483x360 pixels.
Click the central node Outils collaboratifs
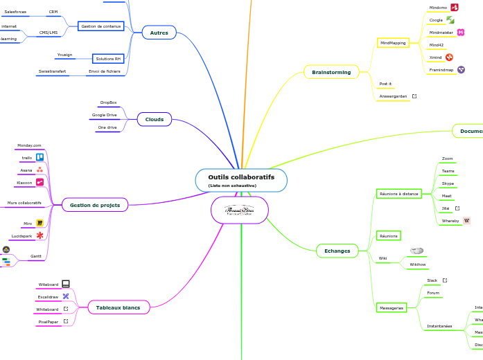241,180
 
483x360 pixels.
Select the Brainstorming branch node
331,72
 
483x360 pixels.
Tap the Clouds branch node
154,120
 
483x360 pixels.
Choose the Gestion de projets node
95,205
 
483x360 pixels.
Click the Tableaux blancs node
118,307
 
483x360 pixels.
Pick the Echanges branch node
337,250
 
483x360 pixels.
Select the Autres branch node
159,32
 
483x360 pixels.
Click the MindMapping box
393,43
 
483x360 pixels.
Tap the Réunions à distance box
398,194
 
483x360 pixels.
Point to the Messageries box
391,307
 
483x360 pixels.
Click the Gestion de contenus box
100,26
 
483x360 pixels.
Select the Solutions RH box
108,59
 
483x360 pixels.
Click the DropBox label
109,102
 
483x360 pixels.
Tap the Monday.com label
29,145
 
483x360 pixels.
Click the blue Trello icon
40,158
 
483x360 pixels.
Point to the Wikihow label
418,264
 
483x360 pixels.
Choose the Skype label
448,183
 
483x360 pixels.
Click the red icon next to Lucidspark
40,236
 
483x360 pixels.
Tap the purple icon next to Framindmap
461,69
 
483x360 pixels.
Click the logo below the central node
240,210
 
